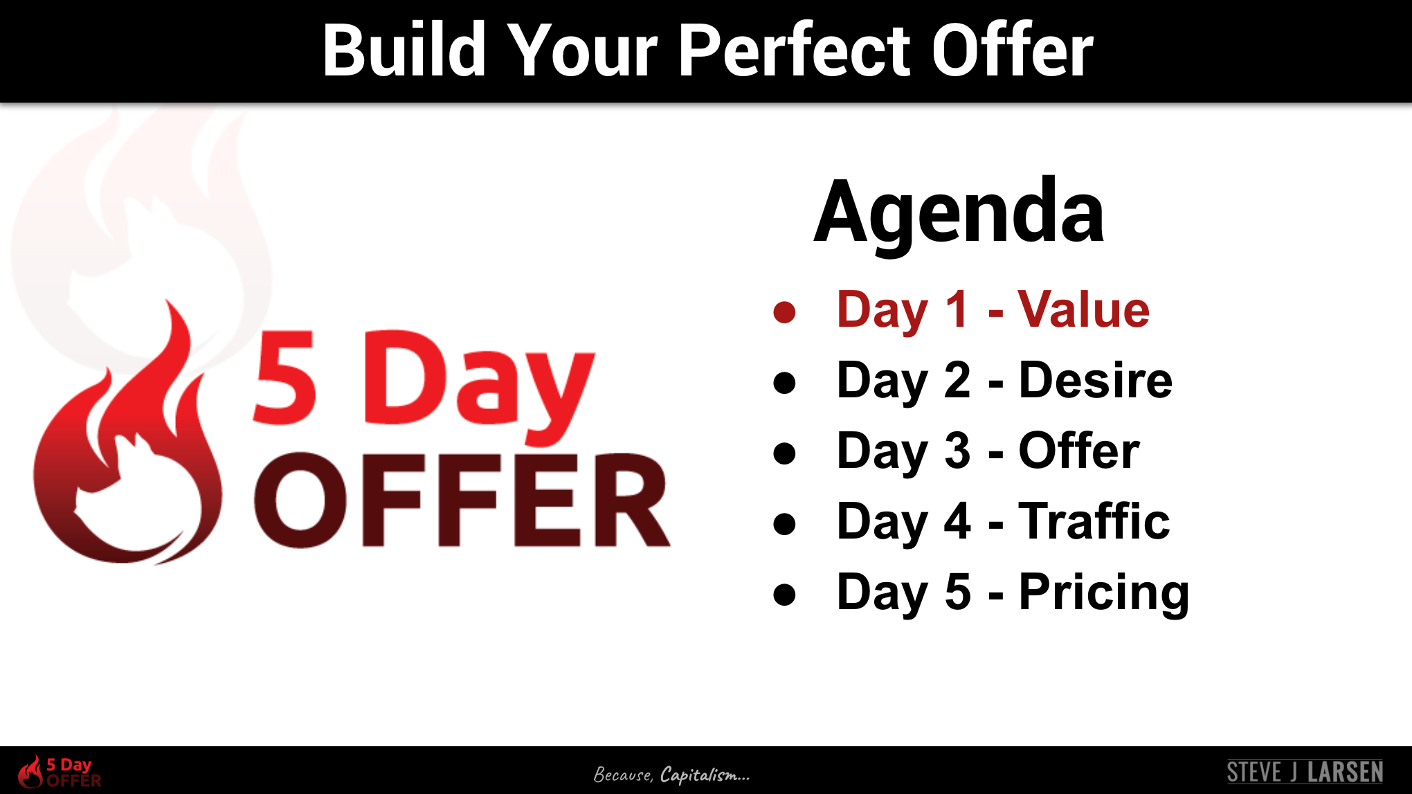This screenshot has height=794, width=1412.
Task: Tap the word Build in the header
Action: coord(404,50)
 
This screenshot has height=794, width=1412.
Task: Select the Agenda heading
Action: coord(959,213)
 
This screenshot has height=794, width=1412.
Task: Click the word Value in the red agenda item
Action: coord(1083,309)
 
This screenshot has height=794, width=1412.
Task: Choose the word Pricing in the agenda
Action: coord(1104,593)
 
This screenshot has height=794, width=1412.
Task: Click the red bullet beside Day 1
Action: coord(785,312)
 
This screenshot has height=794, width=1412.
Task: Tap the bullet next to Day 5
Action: coord(785,595)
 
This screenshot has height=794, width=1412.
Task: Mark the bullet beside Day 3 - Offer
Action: coord(785,453)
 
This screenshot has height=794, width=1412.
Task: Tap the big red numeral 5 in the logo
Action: coord(284,377)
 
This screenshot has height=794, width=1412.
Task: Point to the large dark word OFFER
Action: coord(462,500)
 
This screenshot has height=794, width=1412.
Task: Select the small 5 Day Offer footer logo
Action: coord(60,772)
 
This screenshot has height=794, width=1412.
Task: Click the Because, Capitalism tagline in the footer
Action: coord(671,775)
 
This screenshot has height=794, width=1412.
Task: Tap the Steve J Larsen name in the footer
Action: coord(1305,772)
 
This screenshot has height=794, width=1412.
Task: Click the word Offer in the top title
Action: coord(1012,50)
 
